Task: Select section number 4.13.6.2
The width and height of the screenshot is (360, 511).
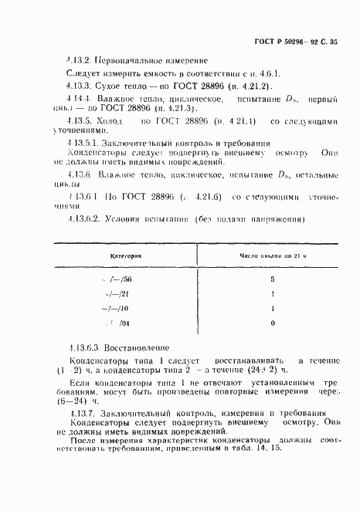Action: pyautogui.click(x=82, y=218)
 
